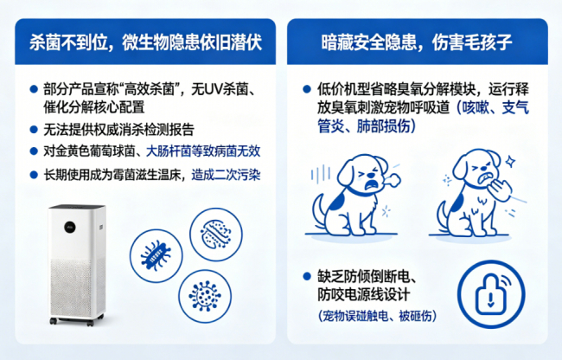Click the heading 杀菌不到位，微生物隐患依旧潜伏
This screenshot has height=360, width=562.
145,42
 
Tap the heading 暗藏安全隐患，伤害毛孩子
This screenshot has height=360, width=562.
417,42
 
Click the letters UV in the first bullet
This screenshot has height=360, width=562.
214,89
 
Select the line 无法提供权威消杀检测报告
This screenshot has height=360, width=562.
118,130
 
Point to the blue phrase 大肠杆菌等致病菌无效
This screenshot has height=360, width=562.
203,151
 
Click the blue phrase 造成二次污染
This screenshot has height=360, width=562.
226,175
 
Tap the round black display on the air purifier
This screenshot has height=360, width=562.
70,227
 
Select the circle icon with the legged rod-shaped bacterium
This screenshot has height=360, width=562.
156,255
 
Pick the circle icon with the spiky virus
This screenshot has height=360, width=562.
205,296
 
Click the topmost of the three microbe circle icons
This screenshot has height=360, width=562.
216,235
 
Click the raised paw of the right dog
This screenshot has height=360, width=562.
501,190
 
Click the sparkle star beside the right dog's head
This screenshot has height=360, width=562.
510,161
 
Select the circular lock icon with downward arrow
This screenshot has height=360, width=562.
491,295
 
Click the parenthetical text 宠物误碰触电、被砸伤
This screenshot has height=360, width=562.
378,316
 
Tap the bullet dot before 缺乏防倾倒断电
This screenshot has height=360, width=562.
307,276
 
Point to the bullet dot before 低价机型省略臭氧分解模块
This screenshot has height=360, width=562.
307,89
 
